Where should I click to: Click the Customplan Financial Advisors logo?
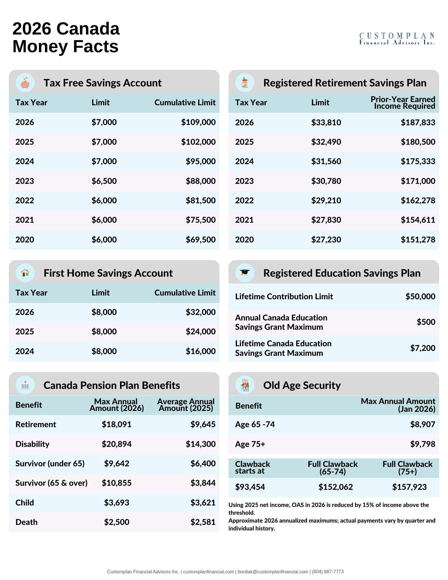397,39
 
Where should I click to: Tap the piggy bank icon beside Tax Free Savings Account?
25,83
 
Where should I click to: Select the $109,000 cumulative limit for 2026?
198,122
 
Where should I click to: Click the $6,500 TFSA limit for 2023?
104,181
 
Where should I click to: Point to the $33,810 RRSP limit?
326,122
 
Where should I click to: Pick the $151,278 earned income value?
418,240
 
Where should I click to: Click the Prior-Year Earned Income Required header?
403,103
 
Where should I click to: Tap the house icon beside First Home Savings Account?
25,273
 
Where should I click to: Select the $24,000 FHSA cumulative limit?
200,331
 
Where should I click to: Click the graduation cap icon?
245,273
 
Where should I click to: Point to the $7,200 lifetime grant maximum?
422,348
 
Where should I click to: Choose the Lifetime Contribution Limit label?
284,296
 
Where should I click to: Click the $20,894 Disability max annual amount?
117,444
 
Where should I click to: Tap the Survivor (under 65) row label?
50,463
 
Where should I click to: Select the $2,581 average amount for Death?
203,522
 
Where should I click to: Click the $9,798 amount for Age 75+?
422,444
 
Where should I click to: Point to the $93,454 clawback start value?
250,487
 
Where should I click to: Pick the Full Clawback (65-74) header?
333,468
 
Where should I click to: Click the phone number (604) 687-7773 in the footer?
328,572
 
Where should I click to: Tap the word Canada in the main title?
88,29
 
